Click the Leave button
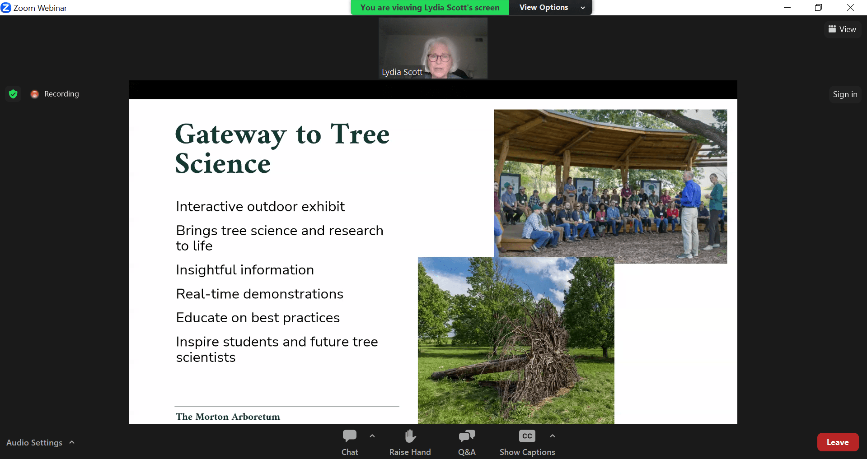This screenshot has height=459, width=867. coord(838,442)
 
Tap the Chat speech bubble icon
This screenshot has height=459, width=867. coord(350,436)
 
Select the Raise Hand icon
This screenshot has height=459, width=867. coord(410,436)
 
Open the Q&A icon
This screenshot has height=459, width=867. coord(467,436)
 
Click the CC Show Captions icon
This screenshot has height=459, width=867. coord(527,436)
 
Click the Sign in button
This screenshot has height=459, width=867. coord(845,94)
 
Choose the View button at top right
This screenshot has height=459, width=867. coord(842,29)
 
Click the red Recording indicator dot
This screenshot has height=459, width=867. coord(35,94)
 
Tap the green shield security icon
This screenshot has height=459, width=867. coord(13,94)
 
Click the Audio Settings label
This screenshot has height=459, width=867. coord(34,443)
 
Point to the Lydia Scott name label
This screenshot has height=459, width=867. coord(402,72)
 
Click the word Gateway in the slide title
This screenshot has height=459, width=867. coord(230,135)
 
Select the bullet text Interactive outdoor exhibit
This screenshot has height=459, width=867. coord(260,207)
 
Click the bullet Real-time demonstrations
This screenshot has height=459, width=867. coord(260,294)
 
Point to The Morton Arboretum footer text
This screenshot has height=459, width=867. coord(228,417)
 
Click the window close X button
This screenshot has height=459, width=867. coord(850,7)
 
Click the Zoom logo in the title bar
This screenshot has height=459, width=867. coord(6,8)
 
